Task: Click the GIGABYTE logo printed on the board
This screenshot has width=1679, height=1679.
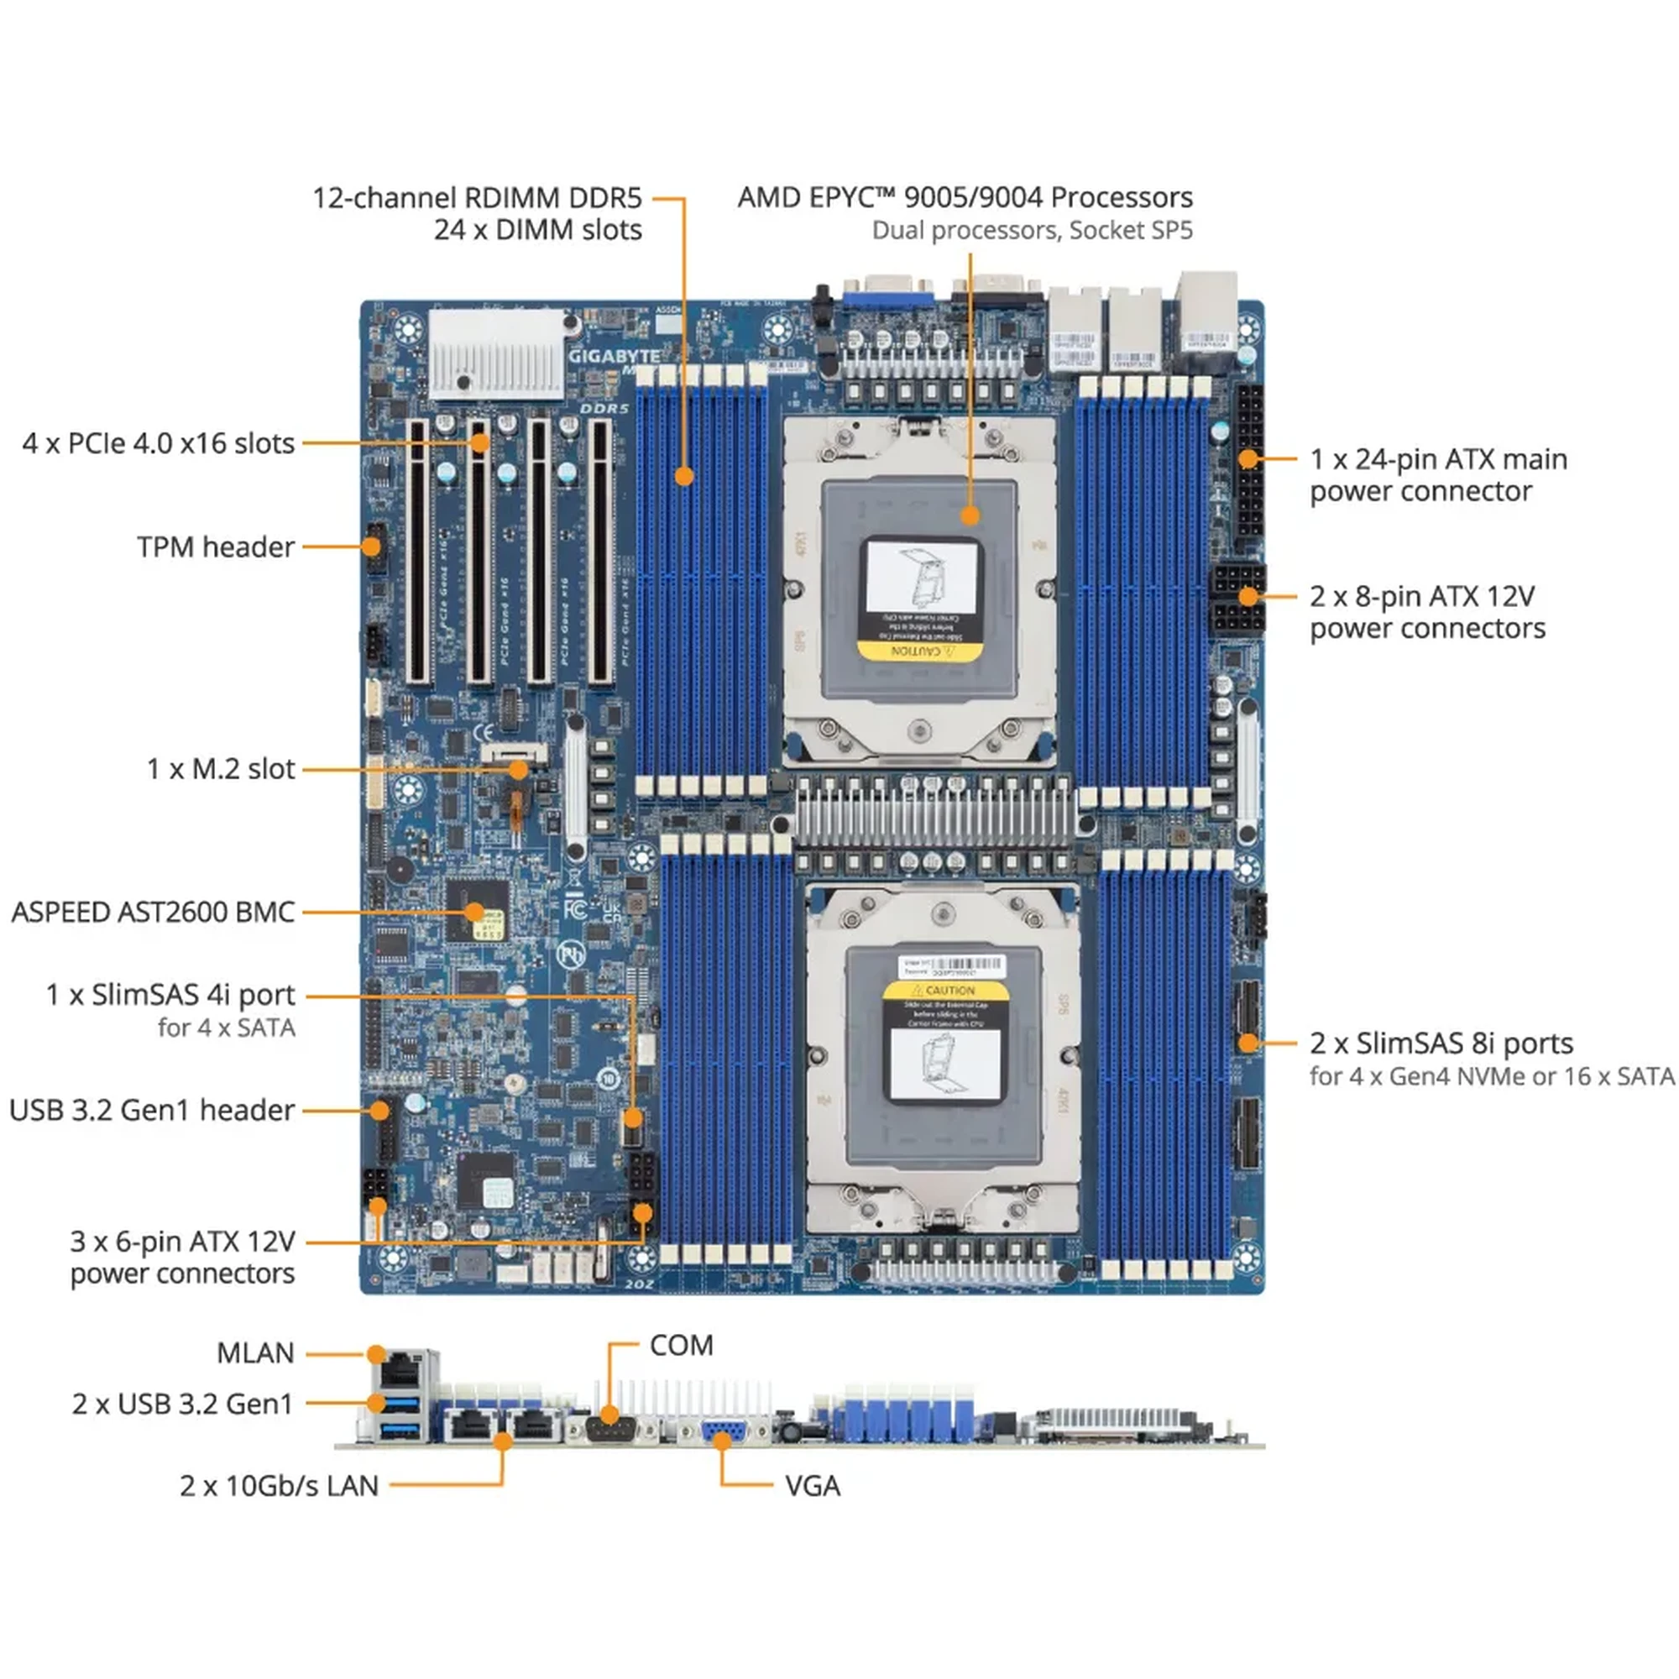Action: [x=614, y=356]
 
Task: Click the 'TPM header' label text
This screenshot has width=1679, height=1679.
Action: [x=216, y=547]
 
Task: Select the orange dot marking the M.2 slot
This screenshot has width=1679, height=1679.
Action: [x=519, y=769]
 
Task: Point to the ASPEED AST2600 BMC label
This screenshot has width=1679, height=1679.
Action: [x=153, y=913]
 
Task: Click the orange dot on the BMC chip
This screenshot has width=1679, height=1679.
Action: [x=474, y=912]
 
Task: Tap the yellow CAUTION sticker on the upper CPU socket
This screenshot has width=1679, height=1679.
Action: [x=919, y=651]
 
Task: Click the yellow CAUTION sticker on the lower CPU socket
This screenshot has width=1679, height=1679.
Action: [x=945, y=990]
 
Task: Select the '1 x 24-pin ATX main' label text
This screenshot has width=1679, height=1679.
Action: [x=1438, y=459]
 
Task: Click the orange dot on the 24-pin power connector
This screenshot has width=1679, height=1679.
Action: [x=1248, y=458]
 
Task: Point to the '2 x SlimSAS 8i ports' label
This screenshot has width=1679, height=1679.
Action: [x=1441, y=1043]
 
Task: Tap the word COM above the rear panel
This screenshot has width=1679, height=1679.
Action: [x=682, y=1345]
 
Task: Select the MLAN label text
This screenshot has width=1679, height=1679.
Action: [x=255, y=1353]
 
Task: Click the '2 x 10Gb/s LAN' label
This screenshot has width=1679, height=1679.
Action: [x=279, y=1486]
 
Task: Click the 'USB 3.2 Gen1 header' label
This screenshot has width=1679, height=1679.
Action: [x=152, y=1111]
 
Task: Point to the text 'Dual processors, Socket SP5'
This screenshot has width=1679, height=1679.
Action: [x=1032, y=230]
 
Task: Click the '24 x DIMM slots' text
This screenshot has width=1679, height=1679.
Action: [x=538, y=230]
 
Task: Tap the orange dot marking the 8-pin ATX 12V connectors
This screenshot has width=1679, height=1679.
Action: [x=1248, y=596]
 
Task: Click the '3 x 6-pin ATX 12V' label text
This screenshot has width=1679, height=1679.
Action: [x=182, y=1242]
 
